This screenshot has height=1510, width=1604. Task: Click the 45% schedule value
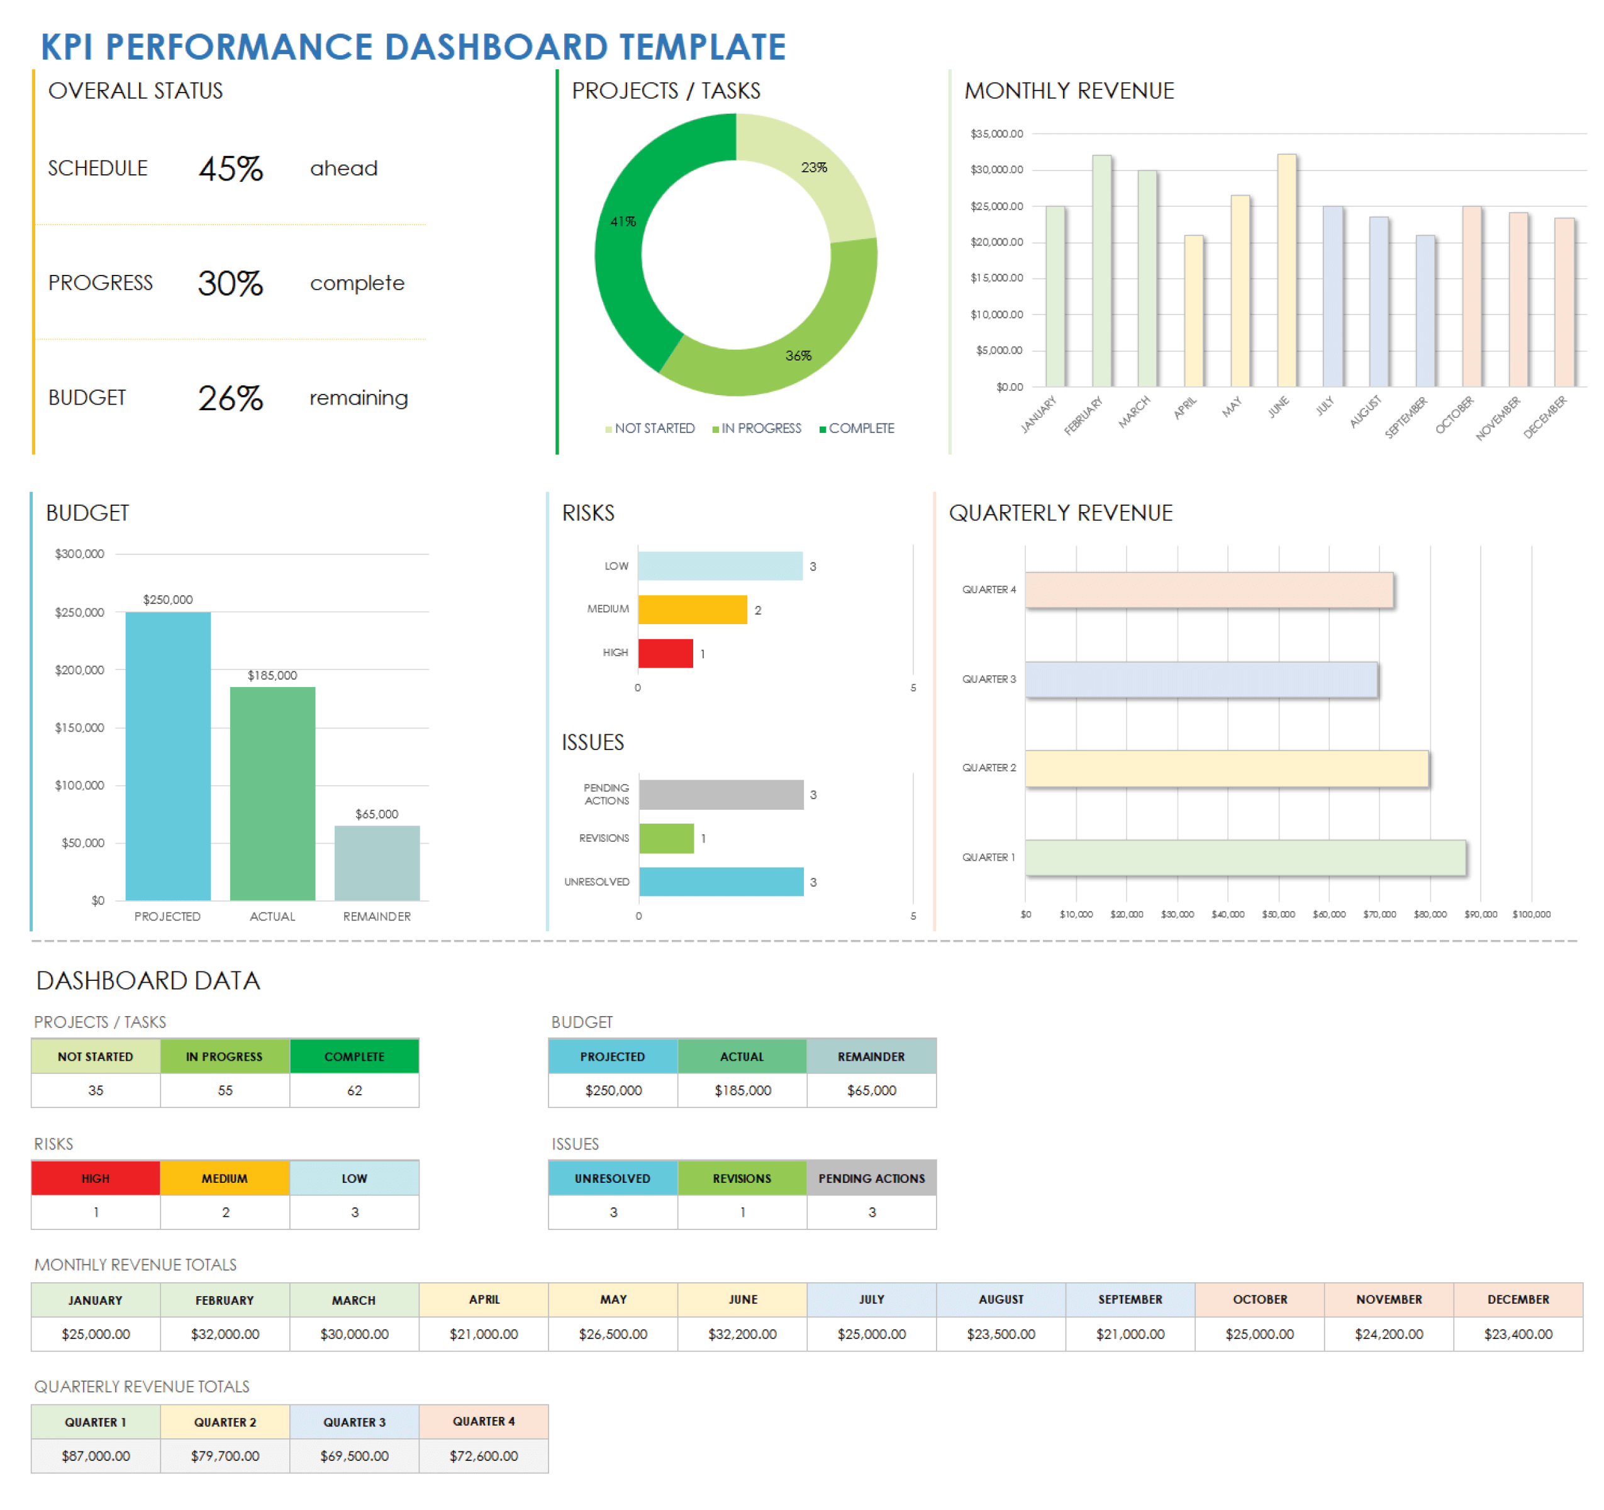click(231, 169)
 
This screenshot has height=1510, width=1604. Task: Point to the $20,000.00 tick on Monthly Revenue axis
click(996, 242)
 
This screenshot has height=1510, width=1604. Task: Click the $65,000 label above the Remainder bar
click(377, 814)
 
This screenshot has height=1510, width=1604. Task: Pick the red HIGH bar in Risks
click(666, 654)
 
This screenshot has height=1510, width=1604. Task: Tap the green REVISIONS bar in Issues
click(667, 839)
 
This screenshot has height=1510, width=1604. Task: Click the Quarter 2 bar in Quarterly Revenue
click(1227, 768)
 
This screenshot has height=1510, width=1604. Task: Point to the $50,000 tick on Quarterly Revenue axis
click(1278, 914)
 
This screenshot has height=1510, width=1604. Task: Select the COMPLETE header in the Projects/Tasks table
click(354, 1056)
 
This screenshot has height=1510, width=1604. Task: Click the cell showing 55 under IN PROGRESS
click(225, 1090)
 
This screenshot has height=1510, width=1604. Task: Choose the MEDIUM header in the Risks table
click(225, 1178)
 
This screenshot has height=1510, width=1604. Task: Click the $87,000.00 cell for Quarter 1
click(96, 1456)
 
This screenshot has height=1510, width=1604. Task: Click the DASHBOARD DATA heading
click(148, 981)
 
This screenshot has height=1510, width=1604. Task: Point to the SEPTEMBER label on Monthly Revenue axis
click(1407, 417)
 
